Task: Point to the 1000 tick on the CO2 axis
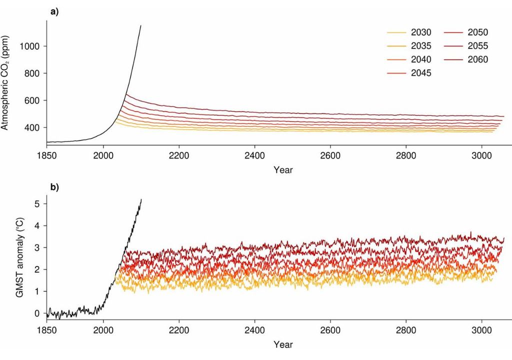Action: pos(30,46)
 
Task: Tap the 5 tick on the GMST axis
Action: pos(36,203)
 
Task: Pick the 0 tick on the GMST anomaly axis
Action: pos(36,313)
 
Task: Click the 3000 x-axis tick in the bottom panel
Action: pos(481,330)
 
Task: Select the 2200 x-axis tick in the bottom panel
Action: pos(178,330)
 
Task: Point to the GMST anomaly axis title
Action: pos(19,257)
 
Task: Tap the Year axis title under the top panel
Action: pos(283,169)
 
